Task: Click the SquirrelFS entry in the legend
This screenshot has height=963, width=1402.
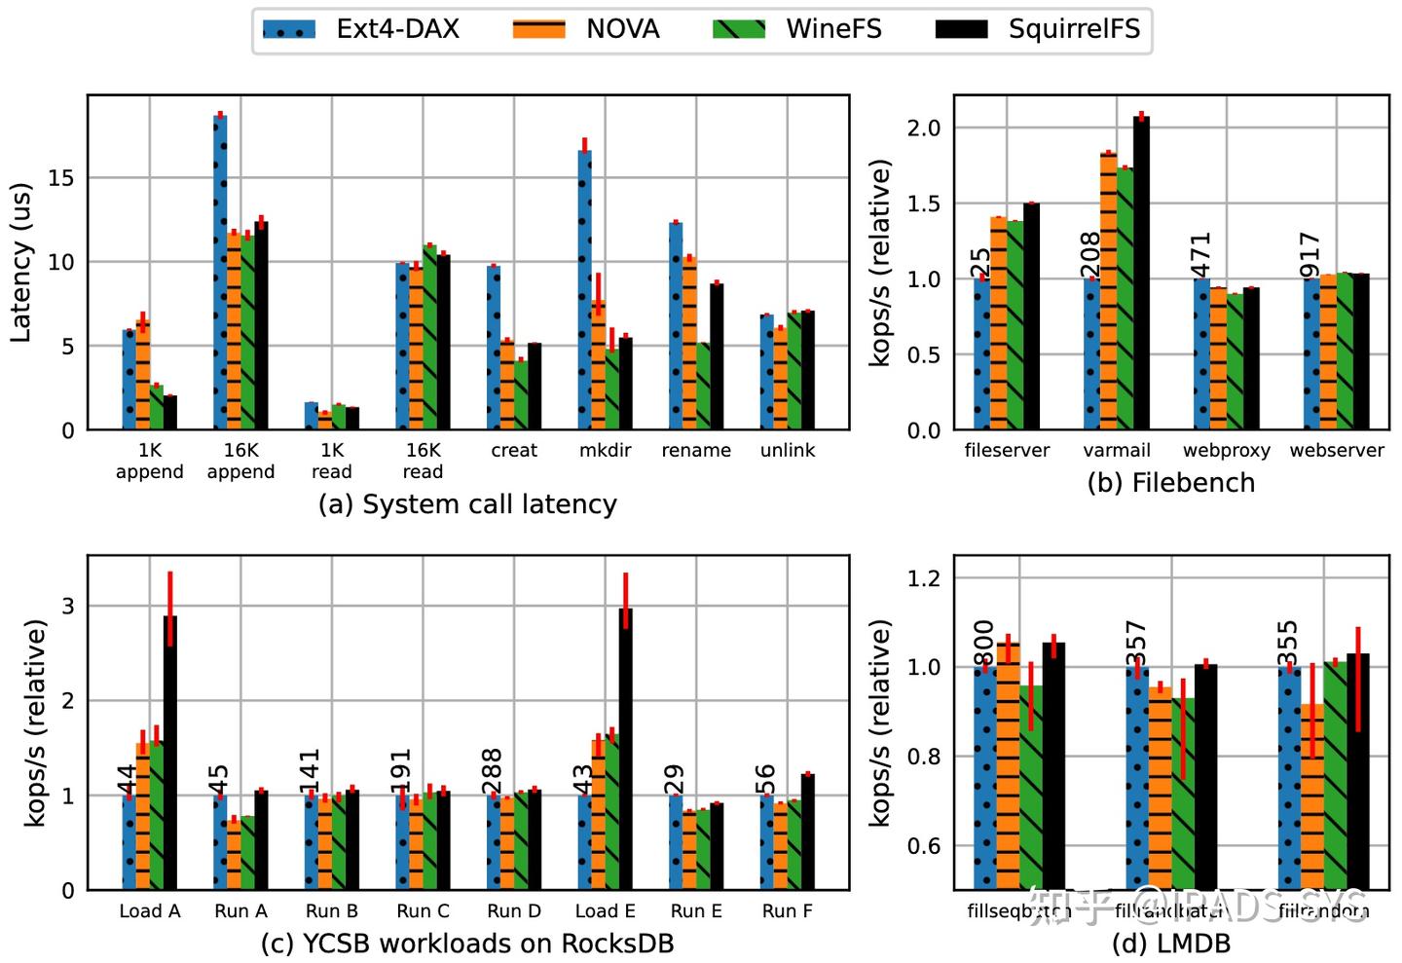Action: (x=1073, y=29)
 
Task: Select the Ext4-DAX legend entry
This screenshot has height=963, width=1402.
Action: (x=397, y=29)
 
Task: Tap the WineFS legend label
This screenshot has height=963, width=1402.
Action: (x=833, y=29)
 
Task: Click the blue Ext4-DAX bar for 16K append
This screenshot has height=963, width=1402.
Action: (x=220, y=273)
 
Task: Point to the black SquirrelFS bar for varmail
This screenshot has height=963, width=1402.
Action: (x=1141, y=274)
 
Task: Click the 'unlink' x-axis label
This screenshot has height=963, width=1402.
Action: (x=788, y=450)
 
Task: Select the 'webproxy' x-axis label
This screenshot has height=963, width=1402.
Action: (x=1226, y=450)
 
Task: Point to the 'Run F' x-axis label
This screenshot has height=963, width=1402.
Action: (x=787, y=911)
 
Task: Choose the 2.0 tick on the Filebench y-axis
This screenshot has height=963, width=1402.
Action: (x=923, y=129)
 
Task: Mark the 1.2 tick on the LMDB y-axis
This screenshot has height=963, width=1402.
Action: (x=923, y=578)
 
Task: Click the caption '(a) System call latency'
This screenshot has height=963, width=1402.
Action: (x=467, y=504)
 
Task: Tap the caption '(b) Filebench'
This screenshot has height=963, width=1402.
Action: (x=1170, y=483)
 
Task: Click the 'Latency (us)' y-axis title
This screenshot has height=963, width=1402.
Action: (x=21, y=263)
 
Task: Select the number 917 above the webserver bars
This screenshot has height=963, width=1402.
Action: (x=1310, y=255)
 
